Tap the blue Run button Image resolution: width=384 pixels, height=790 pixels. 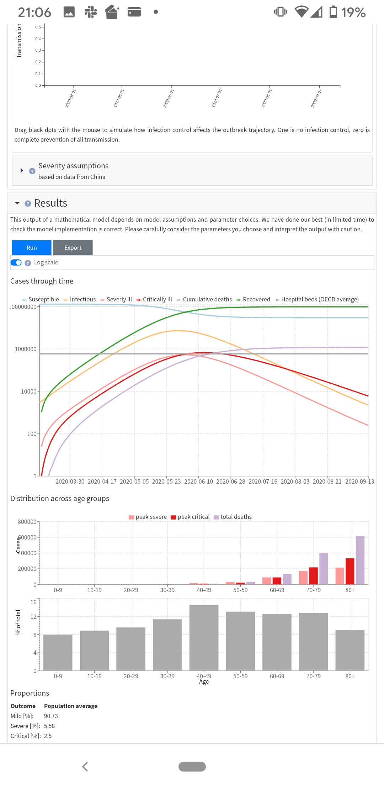32,248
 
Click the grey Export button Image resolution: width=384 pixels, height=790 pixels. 73,248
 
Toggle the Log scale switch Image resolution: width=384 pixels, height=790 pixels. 16,263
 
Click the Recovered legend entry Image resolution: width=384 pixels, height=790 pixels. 253,300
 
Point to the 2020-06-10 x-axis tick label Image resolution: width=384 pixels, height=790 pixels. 198,481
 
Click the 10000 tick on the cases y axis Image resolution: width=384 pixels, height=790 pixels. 28,391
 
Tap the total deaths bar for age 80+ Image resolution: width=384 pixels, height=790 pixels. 360,560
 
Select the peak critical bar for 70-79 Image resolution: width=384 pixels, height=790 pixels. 313,575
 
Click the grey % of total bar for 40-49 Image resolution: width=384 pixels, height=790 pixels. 204,637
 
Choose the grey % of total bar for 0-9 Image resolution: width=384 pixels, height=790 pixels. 58,652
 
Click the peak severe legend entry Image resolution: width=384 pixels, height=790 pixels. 148,517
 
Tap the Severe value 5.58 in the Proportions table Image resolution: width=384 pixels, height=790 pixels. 49,726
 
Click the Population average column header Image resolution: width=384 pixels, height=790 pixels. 71,706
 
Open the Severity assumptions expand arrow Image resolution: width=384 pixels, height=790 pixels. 22,170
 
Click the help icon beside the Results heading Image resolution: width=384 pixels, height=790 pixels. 28,204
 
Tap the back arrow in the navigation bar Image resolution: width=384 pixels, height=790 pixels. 85,767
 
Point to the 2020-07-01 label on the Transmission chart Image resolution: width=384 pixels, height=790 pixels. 217,98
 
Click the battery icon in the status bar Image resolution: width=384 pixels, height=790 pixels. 333,12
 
